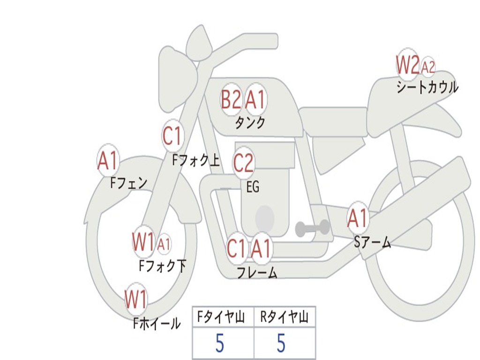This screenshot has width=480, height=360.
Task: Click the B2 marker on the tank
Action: coord(231,99)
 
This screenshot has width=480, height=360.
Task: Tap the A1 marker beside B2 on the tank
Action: coord(255,99)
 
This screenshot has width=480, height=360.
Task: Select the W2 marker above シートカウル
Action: coord(407,65)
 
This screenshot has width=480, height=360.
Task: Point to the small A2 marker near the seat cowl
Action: coord(428,67)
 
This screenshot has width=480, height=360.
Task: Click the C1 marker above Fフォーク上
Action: coord(172,135)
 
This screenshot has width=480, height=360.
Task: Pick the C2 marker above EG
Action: coord(243,163)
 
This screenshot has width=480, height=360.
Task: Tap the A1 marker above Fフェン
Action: coord(108,160)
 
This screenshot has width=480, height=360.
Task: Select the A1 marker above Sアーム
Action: coord(357,218)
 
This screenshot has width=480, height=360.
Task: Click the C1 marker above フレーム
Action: coord(236,248)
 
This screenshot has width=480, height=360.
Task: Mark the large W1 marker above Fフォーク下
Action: coord(143,242)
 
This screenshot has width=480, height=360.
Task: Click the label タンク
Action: coord(250,123)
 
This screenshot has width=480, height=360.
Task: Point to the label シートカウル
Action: coord(427,87)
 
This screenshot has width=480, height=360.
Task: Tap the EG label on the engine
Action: coord(253,187)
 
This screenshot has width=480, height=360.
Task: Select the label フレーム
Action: coord(257,273)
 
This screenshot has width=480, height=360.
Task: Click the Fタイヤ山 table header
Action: coord(221,317)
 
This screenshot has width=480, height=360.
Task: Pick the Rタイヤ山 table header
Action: coord(284,317)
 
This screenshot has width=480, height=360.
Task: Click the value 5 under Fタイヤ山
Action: coord(220,343)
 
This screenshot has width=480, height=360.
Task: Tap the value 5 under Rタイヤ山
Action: coord(281,343)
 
